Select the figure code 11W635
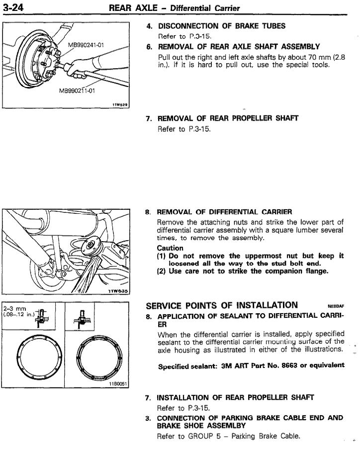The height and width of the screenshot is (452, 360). (119, 290)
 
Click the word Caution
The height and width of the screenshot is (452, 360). (170, 248)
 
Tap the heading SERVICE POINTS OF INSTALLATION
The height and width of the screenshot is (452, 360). (222, 305)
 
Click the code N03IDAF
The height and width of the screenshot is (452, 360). (336, 306)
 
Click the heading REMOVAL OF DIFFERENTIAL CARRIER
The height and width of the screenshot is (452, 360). (225, 212)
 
